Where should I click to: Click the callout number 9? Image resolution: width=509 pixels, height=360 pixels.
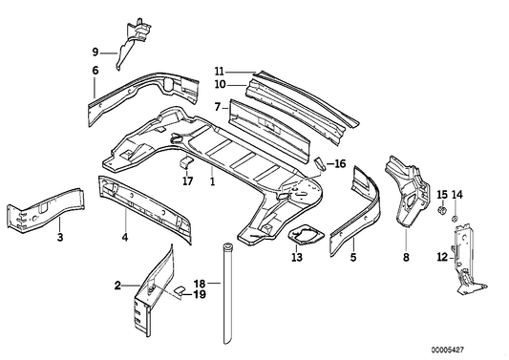(x=95, y=52)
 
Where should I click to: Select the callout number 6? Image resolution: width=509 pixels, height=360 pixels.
(x=95, y=72)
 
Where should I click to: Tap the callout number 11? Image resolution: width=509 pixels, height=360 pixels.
(x=219, y=72)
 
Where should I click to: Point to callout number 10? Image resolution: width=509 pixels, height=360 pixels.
(x=219, y=85)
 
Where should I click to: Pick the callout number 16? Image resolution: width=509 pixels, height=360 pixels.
(x=339, y=163)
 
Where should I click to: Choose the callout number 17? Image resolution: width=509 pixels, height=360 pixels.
(x=188, y=180)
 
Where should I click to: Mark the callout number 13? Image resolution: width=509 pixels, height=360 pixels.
(x=296, y=257)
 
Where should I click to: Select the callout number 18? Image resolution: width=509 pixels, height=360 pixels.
(x=199, y=284)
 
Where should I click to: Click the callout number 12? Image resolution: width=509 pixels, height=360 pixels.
(x=442, y=256)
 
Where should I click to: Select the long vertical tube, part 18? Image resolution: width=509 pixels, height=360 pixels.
(x=228, y=296)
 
